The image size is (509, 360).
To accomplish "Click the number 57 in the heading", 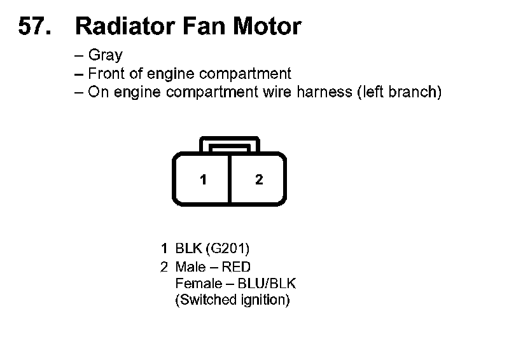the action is [31, 26].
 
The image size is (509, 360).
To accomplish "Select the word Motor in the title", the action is [266, 26].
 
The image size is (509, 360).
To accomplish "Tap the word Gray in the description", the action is [105, 55].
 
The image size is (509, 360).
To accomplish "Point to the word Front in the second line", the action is [106, 73].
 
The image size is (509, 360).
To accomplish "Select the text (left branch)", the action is [399, 92].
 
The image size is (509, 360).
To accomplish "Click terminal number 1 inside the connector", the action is [203, 179].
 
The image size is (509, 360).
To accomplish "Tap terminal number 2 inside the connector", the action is [258, 179].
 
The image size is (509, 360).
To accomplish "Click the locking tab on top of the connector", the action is [230, 144].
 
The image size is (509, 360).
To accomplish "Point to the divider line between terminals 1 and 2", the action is [230, 179].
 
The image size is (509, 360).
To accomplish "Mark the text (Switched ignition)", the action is [232, 300].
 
